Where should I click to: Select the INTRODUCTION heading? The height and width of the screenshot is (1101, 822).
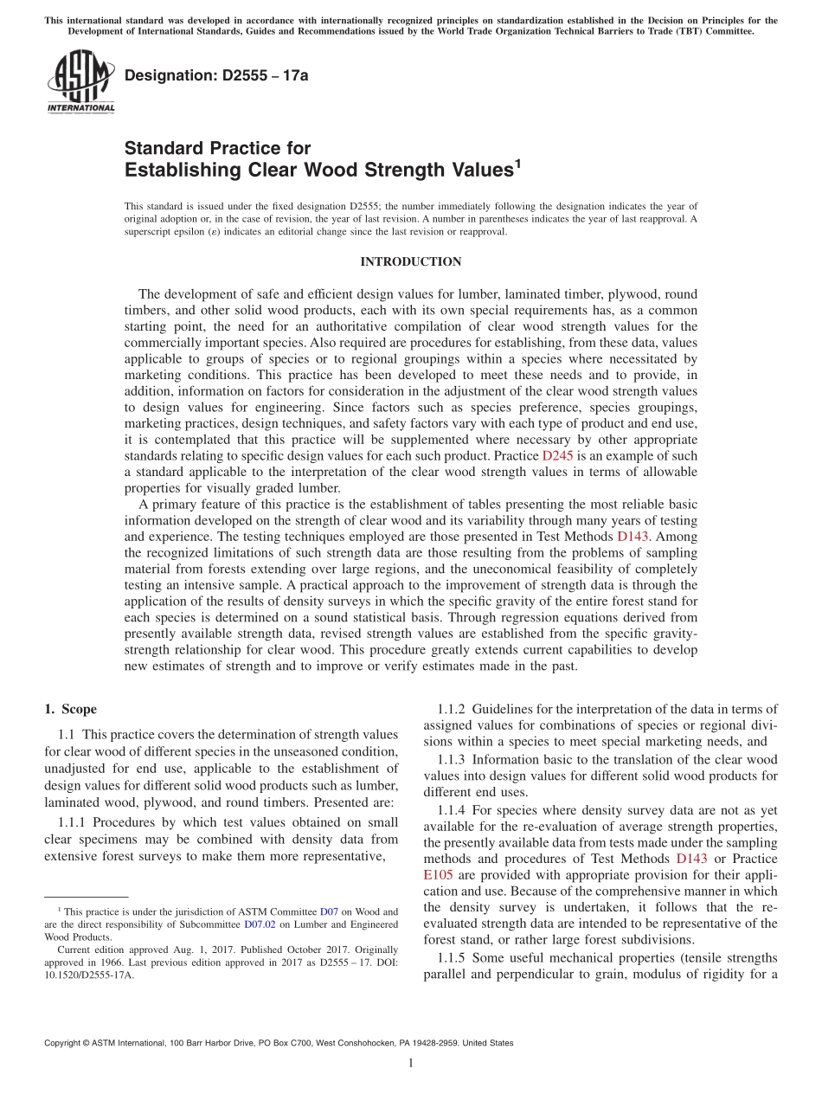tap(411, 261)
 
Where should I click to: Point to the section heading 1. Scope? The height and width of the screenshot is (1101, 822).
tap(70, 709)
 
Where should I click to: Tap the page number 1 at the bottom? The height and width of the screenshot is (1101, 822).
tap(411, 1063)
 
